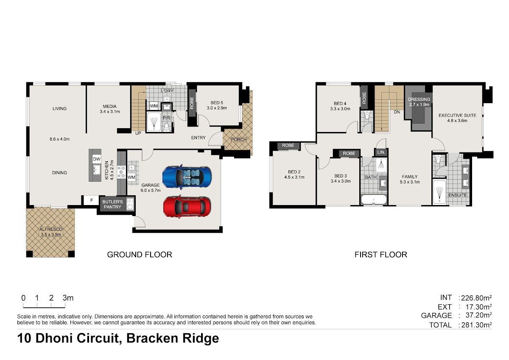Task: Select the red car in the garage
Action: point(187,207)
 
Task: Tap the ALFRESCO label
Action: point(51,229)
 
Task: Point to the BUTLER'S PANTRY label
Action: point(112,204)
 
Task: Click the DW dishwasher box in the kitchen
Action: point(97,159)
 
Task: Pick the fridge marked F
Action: point(91,200)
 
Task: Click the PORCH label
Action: point(238,139)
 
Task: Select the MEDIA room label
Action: point(109,106)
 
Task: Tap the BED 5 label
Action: point(217,103)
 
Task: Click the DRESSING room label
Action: point(419,99)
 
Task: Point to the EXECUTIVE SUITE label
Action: point(457,115)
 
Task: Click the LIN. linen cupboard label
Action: point(381,152)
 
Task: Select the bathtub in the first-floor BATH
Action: point(374,200)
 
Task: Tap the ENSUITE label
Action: point(458,195)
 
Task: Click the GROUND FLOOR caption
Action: point(140,254)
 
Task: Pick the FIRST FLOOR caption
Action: point(381,254)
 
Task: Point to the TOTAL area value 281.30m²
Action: point(476,325)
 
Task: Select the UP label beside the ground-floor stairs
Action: point(138,133)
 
